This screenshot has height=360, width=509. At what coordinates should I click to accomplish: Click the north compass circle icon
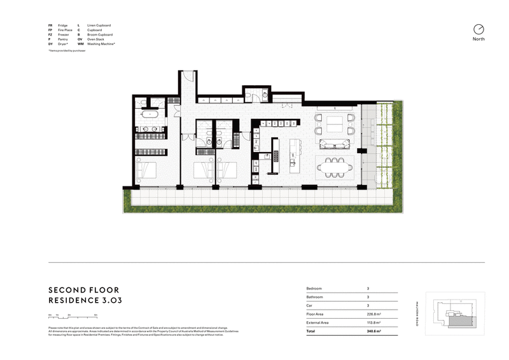click(478, 29)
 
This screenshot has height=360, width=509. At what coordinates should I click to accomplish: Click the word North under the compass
click(478, 39)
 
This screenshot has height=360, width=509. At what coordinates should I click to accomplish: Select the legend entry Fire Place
click(64, 30)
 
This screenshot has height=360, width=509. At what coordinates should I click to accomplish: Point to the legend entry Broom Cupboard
click(100, 34)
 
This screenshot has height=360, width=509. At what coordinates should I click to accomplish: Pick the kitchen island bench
click(294, 160)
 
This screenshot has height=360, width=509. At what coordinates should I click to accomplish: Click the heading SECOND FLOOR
click(85, 287)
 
